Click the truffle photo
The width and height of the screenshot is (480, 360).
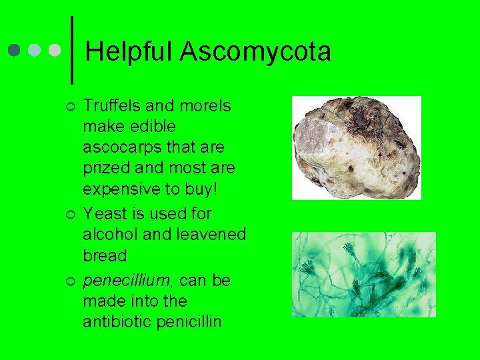[x=357, y=147]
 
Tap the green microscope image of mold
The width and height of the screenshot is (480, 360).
[x=363, y=275]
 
